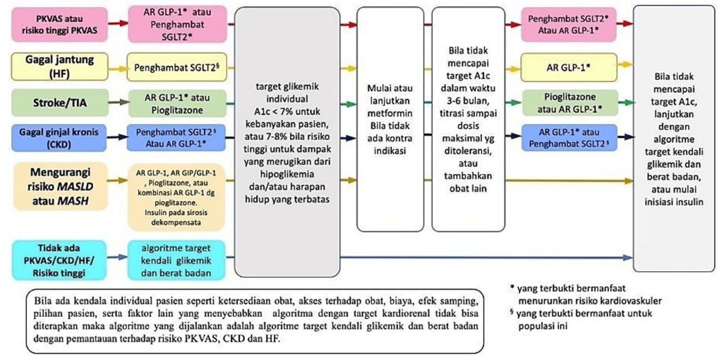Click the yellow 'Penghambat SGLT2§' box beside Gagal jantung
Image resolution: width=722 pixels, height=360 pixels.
tap(176, 69)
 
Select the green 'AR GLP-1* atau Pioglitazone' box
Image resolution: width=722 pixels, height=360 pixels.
tap(176, 104)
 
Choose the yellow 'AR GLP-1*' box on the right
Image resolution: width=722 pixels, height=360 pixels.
tap(569, 68)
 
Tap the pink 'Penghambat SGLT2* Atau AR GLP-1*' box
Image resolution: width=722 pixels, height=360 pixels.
tap(569, 24)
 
